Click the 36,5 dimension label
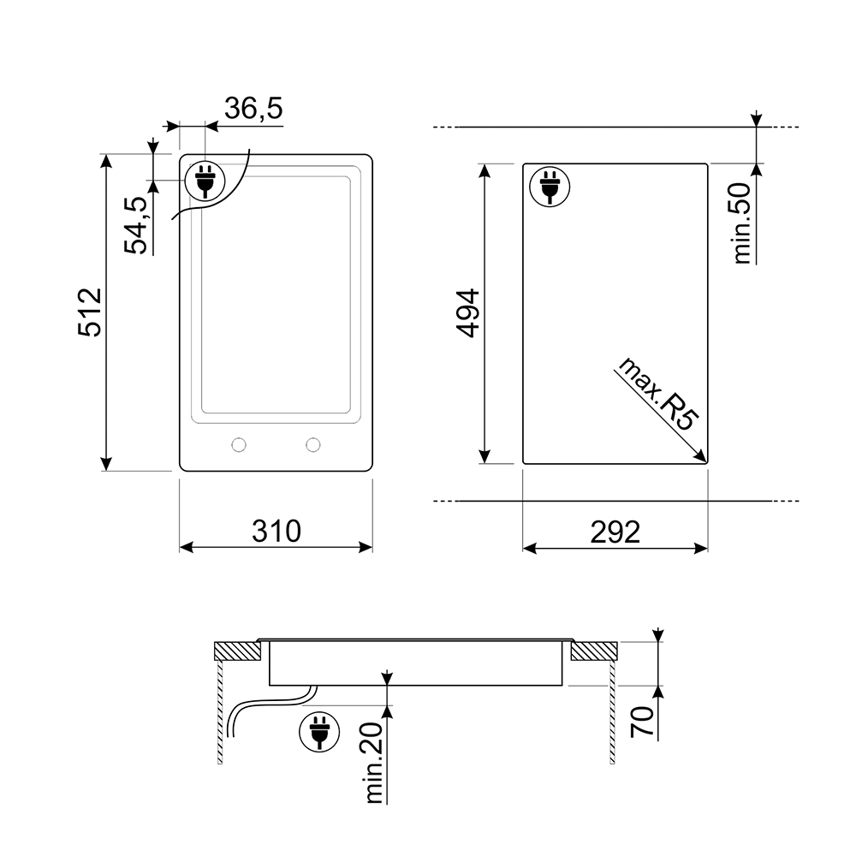point(253,108)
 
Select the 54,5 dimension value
point(136,225)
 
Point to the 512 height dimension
point(90,312)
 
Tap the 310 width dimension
point(276,532)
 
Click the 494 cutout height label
point(468,313)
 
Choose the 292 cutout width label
point(615,532)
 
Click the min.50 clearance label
point(742,223)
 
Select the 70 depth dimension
point(643,722)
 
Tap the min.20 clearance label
point(374,763)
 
